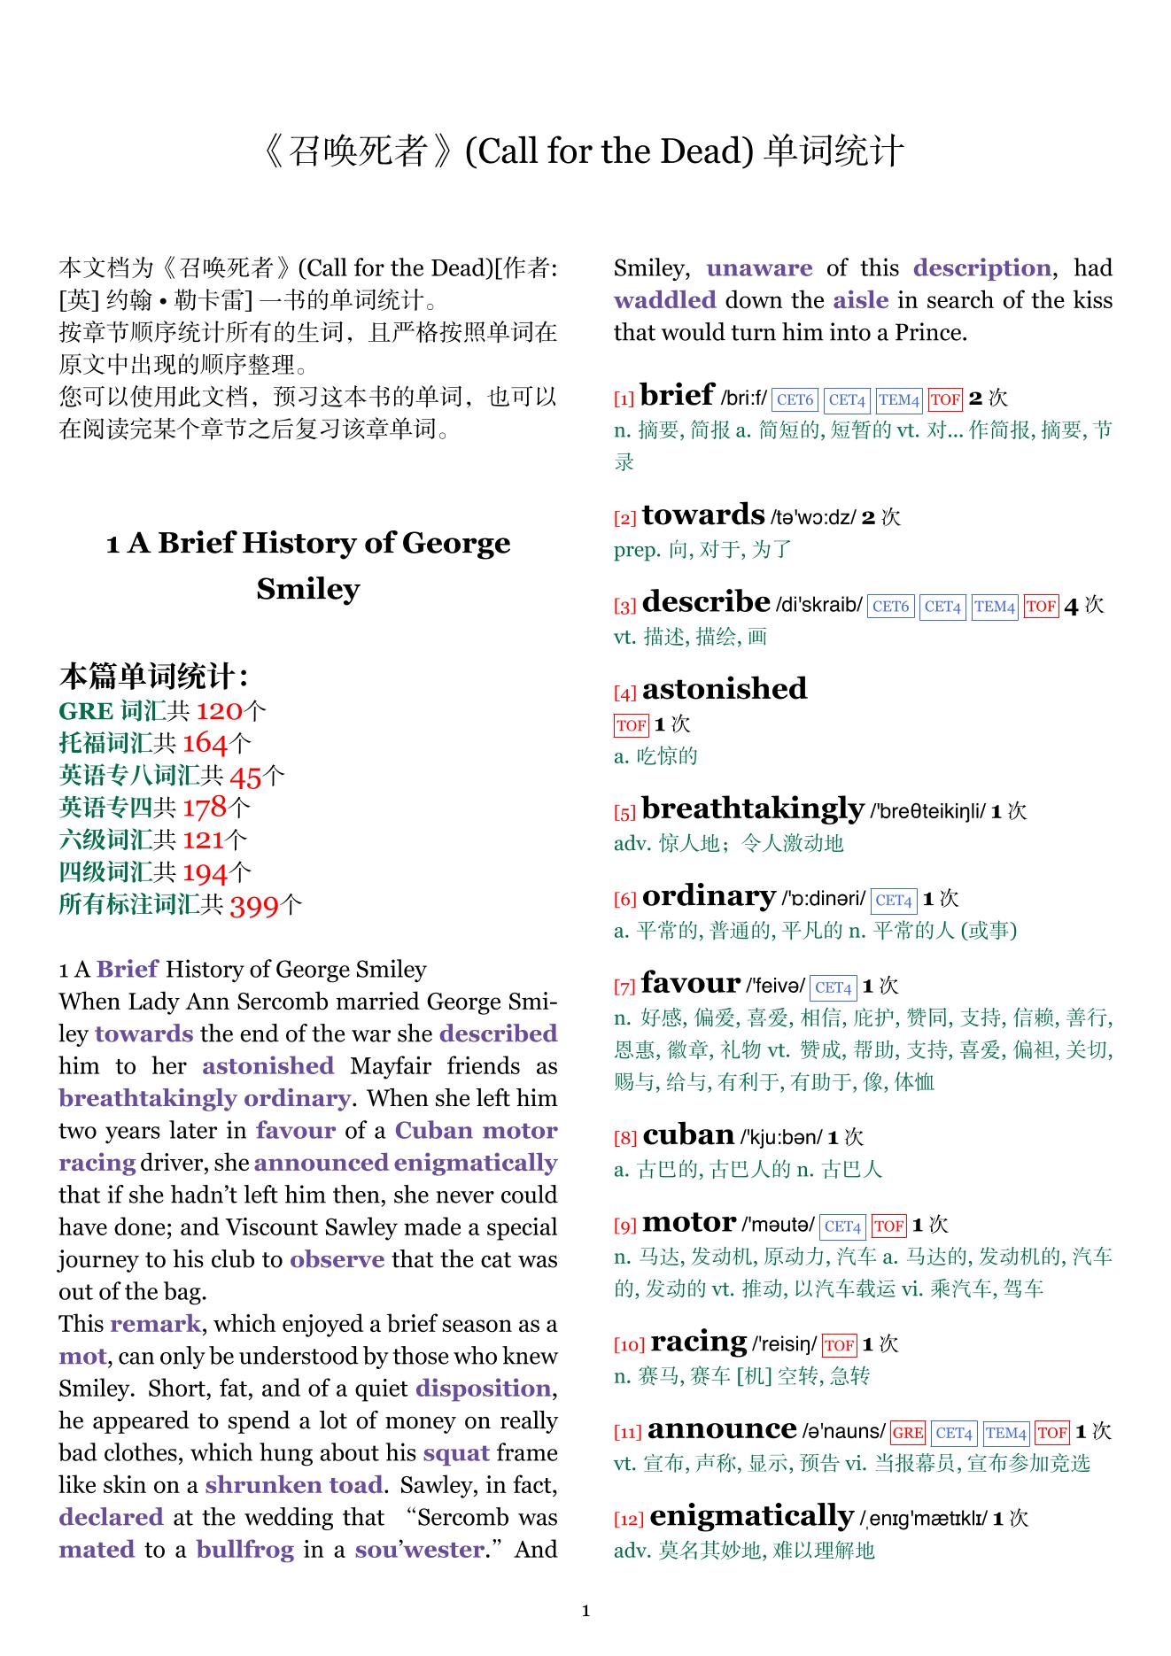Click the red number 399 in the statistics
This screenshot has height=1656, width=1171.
click(254, 905)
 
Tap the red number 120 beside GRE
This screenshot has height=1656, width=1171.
click(219, 711)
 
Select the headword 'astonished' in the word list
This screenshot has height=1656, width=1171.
click(725, 689)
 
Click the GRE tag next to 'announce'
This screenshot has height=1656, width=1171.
click(908, 1433)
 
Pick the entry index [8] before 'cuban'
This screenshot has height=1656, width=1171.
click(625, 1138)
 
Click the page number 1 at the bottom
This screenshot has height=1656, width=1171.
click(585, 1611)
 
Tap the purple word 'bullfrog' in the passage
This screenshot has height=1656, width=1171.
click(245, 1550)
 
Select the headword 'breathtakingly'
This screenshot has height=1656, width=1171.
click(753, 809)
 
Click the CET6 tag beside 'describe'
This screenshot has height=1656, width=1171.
click(891, 607)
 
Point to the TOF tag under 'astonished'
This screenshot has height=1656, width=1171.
click(631, 725)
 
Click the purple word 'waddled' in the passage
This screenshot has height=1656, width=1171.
click(665, 300)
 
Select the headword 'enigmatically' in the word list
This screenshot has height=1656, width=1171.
click(751, 1516)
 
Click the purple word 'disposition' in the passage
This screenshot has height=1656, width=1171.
click(484, 1389)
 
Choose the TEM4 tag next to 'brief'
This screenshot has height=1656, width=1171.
click(899, 400)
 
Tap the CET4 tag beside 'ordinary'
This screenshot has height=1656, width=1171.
click(894, 901)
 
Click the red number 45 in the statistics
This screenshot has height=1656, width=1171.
click(245, 776)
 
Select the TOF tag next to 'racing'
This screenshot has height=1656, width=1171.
click(839, 1346)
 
